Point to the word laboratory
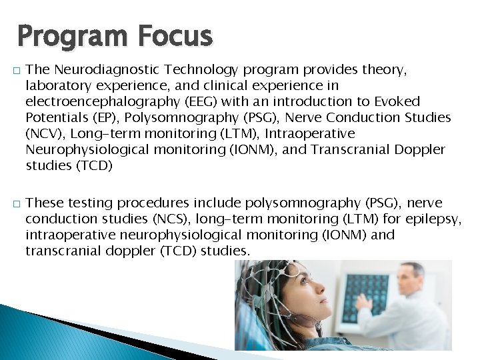[55, 86]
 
